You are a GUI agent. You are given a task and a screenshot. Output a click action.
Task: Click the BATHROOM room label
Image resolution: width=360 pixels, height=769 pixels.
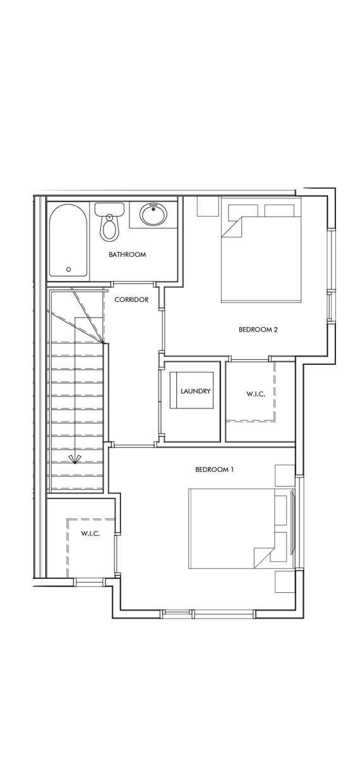127,254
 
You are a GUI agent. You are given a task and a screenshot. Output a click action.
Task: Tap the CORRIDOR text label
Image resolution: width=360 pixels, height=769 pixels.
131,299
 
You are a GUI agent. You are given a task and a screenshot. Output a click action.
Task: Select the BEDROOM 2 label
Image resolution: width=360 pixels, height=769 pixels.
258,329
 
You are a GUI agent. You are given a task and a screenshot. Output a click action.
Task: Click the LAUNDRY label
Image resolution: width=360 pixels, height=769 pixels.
195,391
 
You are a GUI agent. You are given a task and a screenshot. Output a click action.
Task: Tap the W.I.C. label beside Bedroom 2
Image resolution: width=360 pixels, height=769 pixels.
256,394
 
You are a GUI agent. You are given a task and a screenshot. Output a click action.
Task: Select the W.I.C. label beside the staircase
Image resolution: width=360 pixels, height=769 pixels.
90,534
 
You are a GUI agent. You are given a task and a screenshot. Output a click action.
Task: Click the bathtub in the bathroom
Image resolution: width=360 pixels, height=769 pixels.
69,240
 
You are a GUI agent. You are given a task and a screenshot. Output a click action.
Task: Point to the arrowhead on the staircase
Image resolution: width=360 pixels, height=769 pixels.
75,459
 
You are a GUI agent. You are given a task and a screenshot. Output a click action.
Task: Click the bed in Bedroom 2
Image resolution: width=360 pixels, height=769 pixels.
259,259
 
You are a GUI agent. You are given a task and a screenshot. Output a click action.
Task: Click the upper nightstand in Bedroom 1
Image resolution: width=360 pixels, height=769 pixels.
284,475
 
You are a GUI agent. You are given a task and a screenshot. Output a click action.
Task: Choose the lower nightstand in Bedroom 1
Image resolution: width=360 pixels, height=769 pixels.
284,581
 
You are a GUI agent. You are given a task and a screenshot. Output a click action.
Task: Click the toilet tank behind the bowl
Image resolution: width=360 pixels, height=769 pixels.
109,208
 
